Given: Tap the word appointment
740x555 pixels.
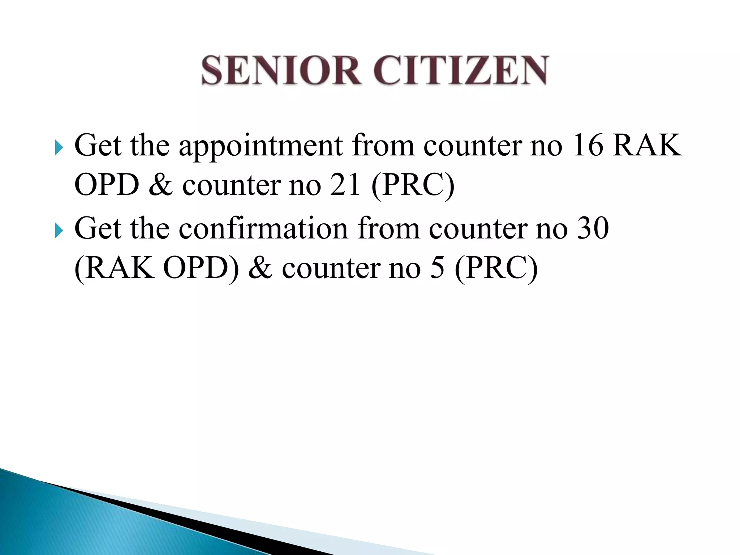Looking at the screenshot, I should tap(260, 146).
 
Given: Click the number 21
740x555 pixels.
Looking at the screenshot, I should tap(345, 185).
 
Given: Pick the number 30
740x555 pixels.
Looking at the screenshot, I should tap(593, 228).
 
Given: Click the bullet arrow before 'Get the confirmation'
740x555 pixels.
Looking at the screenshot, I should tap(59, 230).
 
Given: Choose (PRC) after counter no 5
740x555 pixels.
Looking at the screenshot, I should tap(496, 269).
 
